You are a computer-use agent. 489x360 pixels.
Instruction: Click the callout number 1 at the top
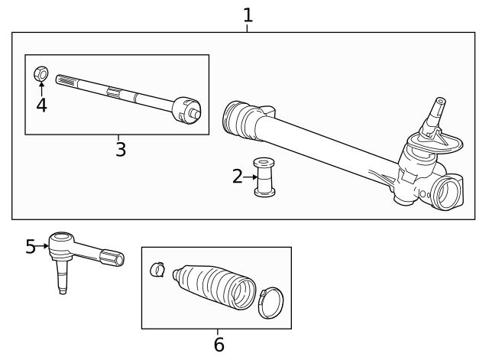[x=248, y=15]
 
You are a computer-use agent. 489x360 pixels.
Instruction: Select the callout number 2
[x=238, y=177]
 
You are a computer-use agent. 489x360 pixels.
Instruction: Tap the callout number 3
[x=120, y=149]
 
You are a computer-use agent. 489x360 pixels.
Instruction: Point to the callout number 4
[x=41, y=105]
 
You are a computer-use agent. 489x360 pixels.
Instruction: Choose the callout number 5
[x=31, y=246]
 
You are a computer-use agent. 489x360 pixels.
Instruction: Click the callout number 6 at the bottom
[x=219, y=345]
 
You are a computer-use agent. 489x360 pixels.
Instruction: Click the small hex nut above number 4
[x=41, y=74]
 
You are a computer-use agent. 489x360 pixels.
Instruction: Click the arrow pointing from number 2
[x=250, y=177]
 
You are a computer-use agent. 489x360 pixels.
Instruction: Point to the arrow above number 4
[x=41, y=88]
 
